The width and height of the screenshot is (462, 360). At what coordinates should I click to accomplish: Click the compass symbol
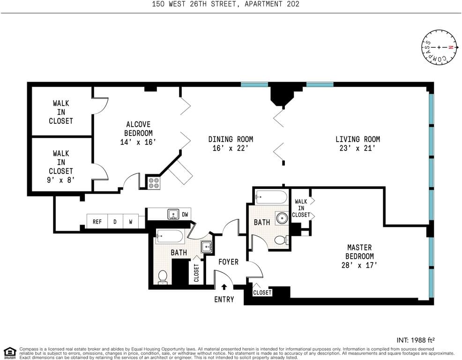tap(440, 47)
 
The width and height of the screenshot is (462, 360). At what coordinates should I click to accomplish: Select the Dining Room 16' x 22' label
tap(231, 143)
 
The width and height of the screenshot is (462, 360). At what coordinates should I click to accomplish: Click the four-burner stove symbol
tap(154, 183)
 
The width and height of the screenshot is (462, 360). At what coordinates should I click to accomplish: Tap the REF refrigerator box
tap(97, 221)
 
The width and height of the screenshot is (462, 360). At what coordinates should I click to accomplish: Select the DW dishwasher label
tap(185, 214)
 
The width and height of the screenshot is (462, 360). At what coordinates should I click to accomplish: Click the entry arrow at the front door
tap(224, 286)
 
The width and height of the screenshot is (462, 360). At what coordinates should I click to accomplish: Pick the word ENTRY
tap(224, 300)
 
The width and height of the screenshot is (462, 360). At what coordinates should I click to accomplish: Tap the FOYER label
tap(228, 262)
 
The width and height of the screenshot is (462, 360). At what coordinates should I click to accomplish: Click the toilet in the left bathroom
tap(163, 277)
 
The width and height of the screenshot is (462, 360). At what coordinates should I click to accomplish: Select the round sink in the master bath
tap(282, 218)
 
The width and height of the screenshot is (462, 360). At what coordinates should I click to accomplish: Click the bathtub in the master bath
tap(271, 197)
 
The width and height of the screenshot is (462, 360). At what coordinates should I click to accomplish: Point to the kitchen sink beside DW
tap(173, 214)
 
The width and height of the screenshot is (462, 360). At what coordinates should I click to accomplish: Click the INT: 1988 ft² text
tap(416, 340)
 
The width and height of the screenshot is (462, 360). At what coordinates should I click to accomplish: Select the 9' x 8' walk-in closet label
tap(61, 180)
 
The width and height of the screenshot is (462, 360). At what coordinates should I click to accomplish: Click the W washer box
tap(131, 221)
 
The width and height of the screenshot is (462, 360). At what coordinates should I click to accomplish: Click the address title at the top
tap(225, 4)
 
